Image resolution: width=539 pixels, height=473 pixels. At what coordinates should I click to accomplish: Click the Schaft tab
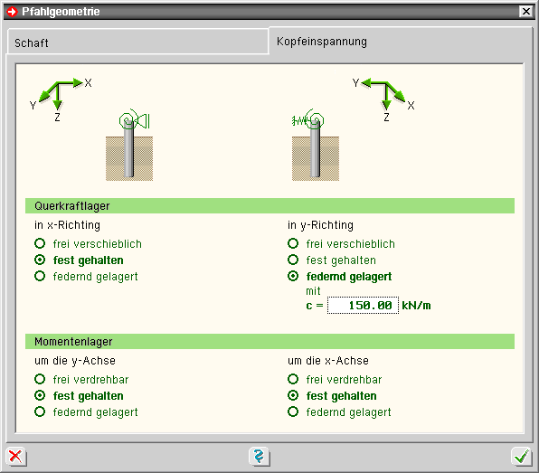137,42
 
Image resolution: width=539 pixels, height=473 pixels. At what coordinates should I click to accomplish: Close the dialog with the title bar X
526,12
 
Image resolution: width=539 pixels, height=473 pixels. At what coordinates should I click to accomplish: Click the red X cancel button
15,457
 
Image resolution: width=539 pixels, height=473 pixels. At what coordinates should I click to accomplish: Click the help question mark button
259,457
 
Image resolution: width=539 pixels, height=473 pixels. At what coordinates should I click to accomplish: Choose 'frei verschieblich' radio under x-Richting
40,243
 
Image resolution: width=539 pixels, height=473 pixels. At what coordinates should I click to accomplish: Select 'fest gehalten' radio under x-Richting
40,260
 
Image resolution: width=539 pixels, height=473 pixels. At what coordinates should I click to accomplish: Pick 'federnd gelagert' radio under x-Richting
40,276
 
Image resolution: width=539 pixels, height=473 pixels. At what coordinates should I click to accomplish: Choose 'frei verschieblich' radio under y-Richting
293,243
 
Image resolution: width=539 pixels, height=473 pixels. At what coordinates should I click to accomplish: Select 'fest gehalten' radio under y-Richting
293,260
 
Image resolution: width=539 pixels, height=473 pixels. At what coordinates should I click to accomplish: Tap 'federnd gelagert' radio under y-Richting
293,276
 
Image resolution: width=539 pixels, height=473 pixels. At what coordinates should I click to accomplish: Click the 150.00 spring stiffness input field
363,306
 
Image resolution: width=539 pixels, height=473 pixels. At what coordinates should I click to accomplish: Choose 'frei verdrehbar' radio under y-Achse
40,379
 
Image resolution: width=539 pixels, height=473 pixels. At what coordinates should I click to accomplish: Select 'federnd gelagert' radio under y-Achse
40,412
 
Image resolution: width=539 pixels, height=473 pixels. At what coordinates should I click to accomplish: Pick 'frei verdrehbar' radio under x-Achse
293,379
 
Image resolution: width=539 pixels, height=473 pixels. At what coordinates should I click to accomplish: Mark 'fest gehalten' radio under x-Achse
293,395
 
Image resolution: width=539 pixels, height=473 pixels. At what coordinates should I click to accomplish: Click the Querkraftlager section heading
71,206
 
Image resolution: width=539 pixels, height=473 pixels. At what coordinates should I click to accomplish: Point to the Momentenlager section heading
73,342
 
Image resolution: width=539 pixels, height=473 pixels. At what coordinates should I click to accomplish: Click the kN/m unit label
416,306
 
